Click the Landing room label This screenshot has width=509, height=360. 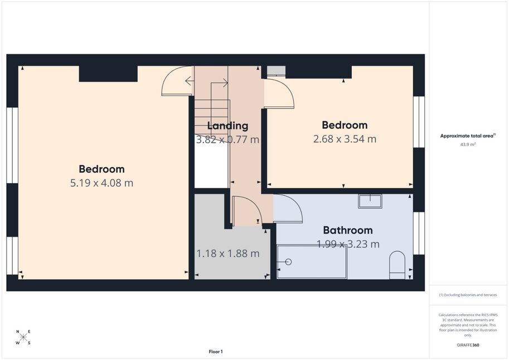(x=227, y=125)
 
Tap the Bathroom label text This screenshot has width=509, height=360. (x=348, y=230)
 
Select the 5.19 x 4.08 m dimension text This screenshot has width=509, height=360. (x=101, y=183)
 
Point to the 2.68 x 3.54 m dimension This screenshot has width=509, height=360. (x=345, y=139)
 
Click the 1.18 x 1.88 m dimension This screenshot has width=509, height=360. (x=228, y=253)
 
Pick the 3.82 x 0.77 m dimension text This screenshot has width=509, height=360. (x=227, y=139)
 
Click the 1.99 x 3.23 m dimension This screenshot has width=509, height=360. (x=348, y=244)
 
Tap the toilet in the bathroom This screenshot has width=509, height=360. (x=397, y=265)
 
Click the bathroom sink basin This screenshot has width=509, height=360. (x=370, y=201)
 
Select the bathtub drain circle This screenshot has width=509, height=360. (x=288, y=262)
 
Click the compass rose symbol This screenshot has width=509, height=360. (x=23, y=337)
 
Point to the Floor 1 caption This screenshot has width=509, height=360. (x=216, y=352)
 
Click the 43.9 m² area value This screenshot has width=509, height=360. (x=468, y=144)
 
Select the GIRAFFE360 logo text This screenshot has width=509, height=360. (x=468, y=345)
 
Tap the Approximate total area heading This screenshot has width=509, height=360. (x=468, y=136)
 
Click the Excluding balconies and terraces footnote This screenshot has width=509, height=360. (x=468, y=295)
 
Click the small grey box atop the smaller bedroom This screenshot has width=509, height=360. (x=277, y=71)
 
